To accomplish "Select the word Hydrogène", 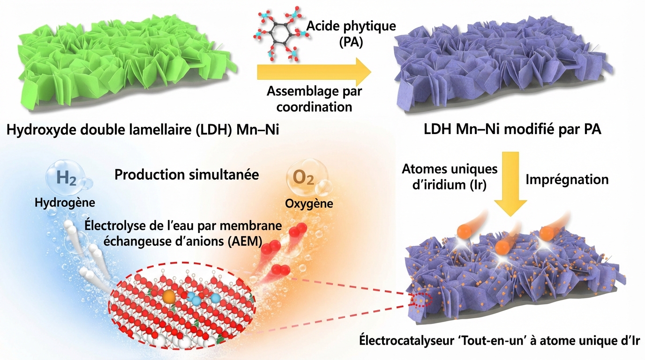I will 65,202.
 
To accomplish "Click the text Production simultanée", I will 187,175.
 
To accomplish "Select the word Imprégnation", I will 567,179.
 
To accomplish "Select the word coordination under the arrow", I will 314,107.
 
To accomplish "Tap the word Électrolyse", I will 108,225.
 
